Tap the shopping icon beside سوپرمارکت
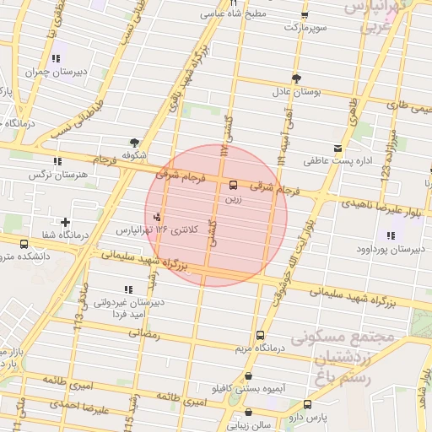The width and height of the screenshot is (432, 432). click(x=305, y=15)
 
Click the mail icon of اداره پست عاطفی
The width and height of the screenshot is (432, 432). click(x=338, y=148)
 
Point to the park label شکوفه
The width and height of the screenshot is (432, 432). click(x=135, y=155)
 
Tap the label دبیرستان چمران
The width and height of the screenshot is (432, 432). click(x=56, y=72)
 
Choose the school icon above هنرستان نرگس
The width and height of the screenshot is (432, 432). click(x=57, y=161)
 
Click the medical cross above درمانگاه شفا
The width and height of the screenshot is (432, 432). click(x=66, y=222)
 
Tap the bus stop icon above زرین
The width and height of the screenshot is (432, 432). click(x=233, y=186)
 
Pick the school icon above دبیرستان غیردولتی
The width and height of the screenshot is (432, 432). click(x=127, y=289)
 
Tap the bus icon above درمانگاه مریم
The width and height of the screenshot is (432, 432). click(x=259, y=335)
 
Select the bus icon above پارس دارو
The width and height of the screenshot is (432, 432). click(x=308, y=404)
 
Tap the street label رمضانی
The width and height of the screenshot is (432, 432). click(x=141, y=334)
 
